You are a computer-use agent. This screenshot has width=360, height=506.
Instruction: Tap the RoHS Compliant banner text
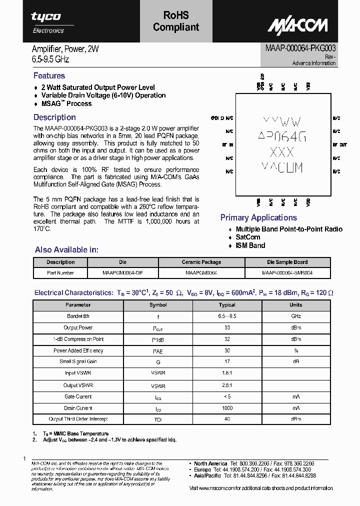click(x=176, y=22)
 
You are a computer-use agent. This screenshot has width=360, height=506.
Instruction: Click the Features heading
click(x=49, y=75)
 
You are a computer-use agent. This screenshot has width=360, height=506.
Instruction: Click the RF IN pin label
click(x=227, y=145)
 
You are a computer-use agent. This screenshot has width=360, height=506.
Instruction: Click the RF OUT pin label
click(x=339, y=145)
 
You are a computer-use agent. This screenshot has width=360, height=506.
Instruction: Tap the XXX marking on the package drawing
click(x=281, y=152)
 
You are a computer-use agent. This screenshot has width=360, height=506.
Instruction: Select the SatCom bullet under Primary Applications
click(x=248, y=237)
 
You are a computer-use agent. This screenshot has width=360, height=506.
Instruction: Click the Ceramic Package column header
click(x=201, y=262)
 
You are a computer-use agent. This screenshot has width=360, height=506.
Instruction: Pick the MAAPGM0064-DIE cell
click(x=122, y=273)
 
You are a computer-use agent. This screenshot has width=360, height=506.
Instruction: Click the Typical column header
click(x=226, y=304)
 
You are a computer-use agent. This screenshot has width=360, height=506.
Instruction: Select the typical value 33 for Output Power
click(x=226, y=328)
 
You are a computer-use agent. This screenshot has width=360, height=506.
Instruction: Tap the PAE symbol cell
click(x=158, y=351)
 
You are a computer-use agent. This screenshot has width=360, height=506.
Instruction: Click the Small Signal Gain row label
click(x=78, y=361)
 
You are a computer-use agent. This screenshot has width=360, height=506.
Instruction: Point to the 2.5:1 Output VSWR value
click(x=226, y=385)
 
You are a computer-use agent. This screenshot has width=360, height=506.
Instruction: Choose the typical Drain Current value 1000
click(x=226, y=408)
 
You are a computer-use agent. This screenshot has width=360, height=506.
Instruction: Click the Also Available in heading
click(x=66, y=249)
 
